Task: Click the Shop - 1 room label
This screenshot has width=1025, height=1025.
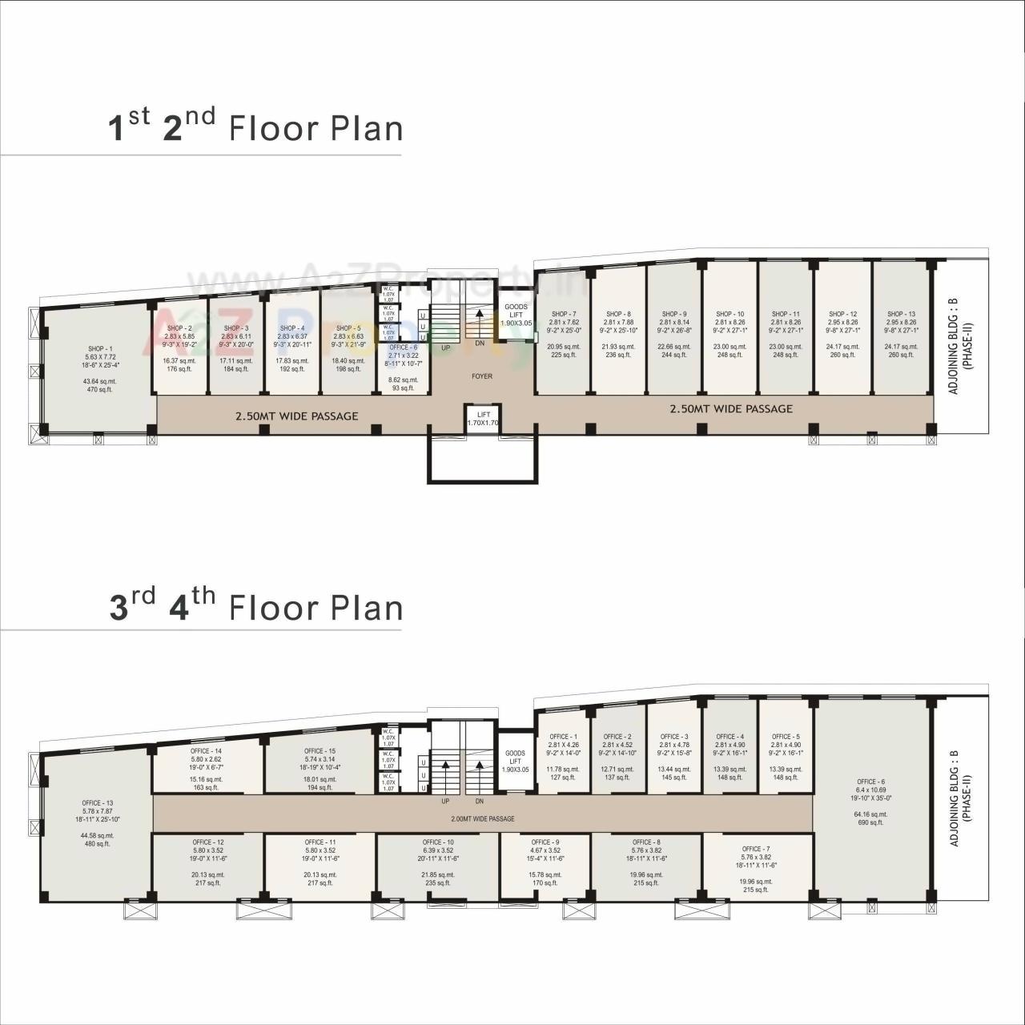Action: point(100,349)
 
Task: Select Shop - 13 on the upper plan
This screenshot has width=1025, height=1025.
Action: point(901,314)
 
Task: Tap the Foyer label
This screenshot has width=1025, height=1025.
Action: point(482,376)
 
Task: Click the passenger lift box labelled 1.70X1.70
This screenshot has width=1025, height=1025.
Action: point(483,418)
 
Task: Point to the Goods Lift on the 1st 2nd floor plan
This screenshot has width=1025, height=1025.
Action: point(516,315)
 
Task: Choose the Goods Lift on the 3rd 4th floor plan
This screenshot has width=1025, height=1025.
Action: point(515,761)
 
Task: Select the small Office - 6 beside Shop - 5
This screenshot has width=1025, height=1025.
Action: point(403,348)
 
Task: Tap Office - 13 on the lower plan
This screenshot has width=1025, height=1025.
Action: point(98,803)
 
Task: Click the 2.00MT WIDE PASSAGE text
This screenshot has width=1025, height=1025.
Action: point(482,819)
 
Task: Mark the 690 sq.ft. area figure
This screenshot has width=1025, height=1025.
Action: point(870,822)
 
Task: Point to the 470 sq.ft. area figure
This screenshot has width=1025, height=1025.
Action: point(100,389)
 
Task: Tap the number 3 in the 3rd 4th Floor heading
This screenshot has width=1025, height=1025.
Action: point(119,608)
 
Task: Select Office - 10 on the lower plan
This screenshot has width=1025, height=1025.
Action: point(438,842)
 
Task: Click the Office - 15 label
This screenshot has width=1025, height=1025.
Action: point(320,751)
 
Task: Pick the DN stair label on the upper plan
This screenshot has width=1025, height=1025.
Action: point(480,344)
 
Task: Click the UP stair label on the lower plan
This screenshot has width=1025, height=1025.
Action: point(445,802)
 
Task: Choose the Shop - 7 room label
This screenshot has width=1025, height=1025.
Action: point(564,314)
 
